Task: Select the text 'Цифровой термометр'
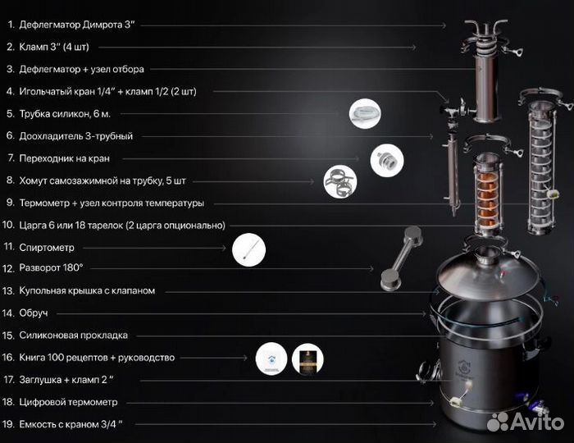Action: pos(77,402)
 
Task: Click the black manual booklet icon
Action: pos(307,359)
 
